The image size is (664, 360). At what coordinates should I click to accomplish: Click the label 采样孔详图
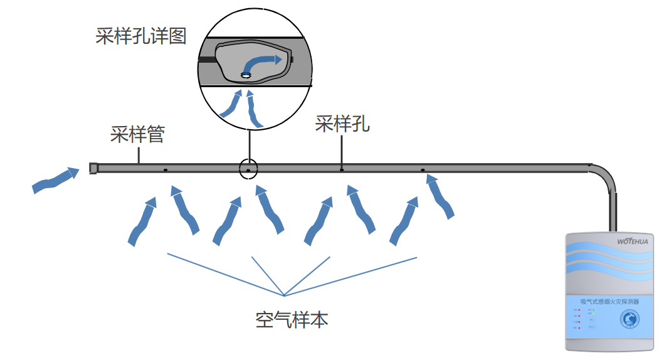pyautogui.click(x=140, y=36)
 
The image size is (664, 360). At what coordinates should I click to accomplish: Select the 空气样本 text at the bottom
pyautogui.click(x=292, y=320)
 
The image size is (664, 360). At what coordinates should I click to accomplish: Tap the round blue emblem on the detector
pyautogui.click(x=630, y=319)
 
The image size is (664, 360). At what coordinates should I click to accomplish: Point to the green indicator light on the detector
pyautogui.click(x=594, y=310)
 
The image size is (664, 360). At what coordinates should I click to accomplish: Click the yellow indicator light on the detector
pyautogui.click(x=594, y=314)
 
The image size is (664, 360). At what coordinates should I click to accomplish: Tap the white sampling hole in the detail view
pyautogui.click(x=246, y=76)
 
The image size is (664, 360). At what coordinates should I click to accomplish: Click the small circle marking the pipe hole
pyautogui.click(x=248, y=169)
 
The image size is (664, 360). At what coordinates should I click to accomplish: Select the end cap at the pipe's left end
pyautogui.click(x=93, y=168)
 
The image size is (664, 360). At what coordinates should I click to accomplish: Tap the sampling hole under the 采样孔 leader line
pyautogui.click(x=342, y=169)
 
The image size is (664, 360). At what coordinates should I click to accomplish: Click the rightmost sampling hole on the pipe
pyautogui.click(x=423, y=169)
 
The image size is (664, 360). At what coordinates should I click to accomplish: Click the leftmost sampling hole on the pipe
pyautogui.click(x=165, y=169)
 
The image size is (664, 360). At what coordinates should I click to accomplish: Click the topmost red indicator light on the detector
pyautogui.click(x=580, y=310)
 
